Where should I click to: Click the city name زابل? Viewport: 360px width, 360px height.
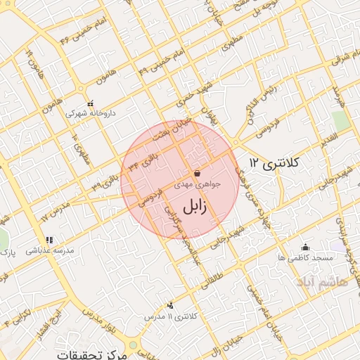(196, 209)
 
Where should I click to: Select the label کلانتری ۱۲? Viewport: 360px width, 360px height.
(274, 164)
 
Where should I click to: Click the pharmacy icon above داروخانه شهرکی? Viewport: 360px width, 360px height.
(90, 103)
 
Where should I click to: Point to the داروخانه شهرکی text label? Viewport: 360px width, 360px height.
(90, 112)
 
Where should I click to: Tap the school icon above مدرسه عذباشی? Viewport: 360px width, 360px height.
(49, 240)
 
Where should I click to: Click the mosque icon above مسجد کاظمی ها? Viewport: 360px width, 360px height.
(305, 247)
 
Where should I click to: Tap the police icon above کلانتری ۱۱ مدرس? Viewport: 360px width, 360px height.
(171, 306)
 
